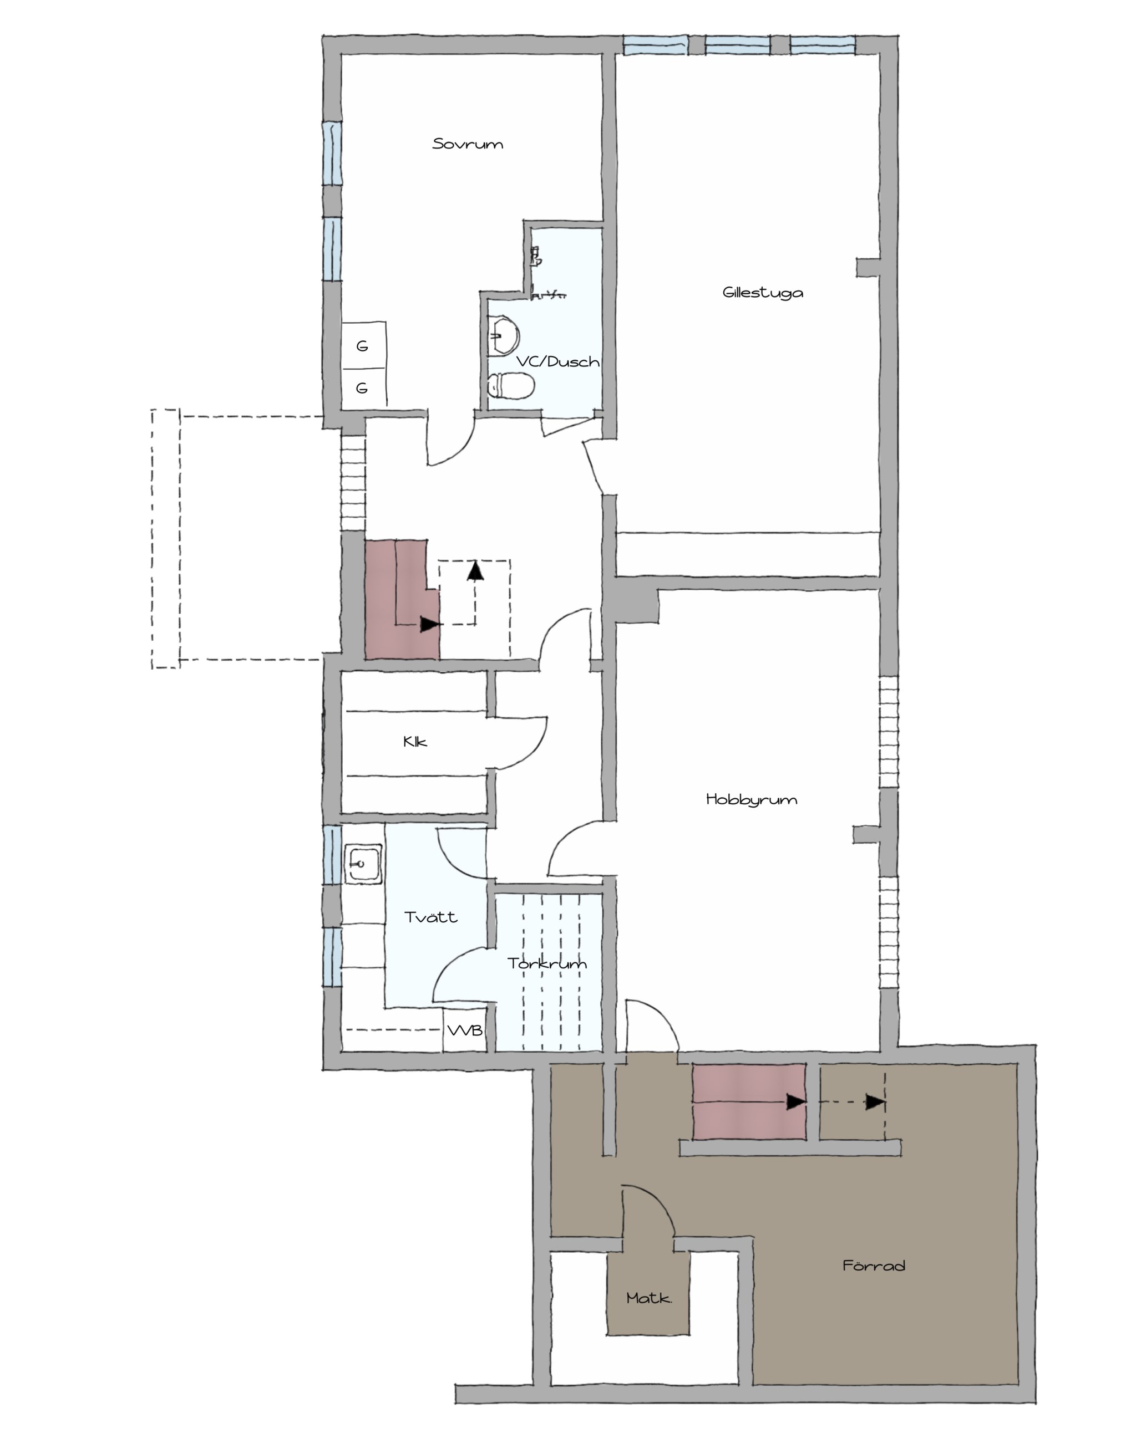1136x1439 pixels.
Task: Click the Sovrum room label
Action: (468, 144)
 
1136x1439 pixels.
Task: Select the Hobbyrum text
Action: (752, 799)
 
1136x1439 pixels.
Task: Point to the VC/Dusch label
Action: (558, 361)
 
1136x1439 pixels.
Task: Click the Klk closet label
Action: (415, 742)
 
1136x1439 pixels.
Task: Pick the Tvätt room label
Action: (431, 917)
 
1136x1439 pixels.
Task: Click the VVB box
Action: (465, 1031)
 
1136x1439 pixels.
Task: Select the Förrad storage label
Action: (874, 1265)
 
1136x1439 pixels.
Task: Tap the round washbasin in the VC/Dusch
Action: (504, 336)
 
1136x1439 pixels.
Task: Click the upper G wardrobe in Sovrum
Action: (364, 346)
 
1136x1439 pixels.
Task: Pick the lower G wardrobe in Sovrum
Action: (364, 388)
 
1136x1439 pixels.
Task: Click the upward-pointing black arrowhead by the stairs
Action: (475, 570)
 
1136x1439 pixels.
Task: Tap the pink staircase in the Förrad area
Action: (749, 1101)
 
